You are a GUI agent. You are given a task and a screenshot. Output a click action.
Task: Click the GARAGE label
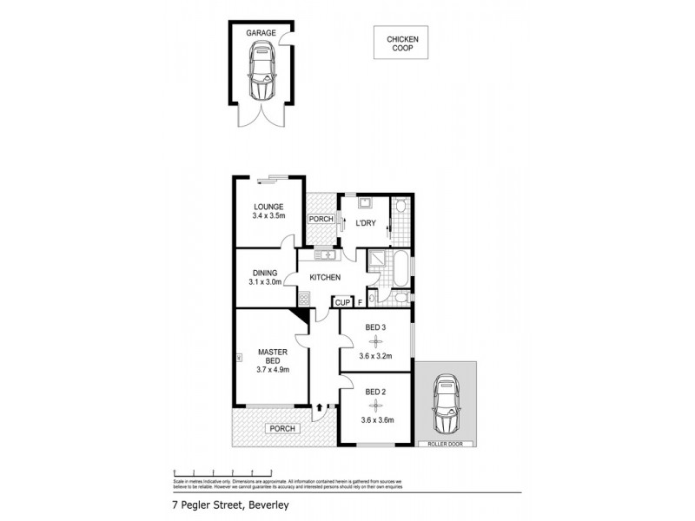tap(261, 33)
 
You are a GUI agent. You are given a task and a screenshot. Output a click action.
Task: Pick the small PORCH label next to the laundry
tap(321, 219)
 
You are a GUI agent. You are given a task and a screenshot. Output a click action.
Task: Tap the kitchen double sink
tap(325, 254)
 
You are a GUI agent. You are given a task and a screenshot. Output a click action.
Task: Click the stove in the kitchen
tap(304, 300)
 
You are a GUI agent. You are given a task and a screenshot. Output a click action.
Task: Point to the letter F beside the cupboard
tap(360, 303)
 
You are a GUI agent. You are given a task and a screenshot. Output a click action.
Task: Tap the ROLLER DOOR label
tap(446, 444)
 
